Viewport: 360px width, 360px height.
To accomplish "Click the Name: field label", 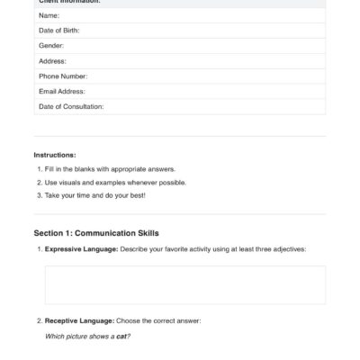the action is click(49, 16).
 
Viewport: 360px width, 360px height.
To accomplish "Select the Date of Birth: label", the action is click(59, 31).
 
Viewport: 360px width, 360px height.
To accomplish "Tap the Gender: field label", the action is click(52, 46).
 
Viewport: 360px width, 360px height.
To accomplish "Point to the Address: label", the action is click(53, 61).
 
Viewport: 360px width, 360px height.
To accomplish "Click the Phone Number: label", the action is click(62, 76).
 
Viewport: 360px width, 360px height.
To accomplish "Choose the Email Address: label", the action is click(62, 91).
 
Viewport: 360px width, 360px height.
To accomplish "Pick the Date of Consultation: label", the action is click(71, 106).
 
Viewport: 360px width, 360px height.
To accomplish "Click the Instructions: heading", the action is click(55, 155).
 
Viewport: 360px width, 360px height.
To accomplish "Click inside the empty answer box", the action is click(184, 285).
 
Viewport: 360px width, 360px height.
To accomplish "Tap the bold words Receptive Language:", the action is click(79, 320).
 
